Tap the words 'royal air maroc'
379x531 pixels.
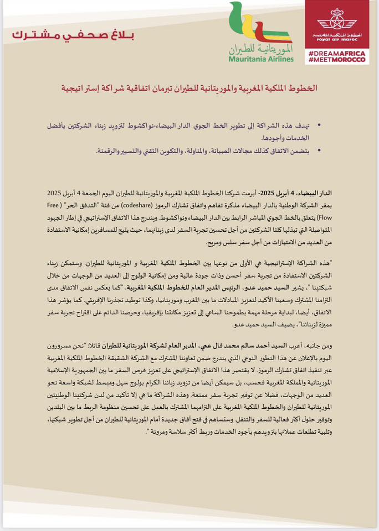(x=336, y=39)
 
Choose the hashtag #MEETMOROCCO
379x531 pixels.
(x=336, y=59)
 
